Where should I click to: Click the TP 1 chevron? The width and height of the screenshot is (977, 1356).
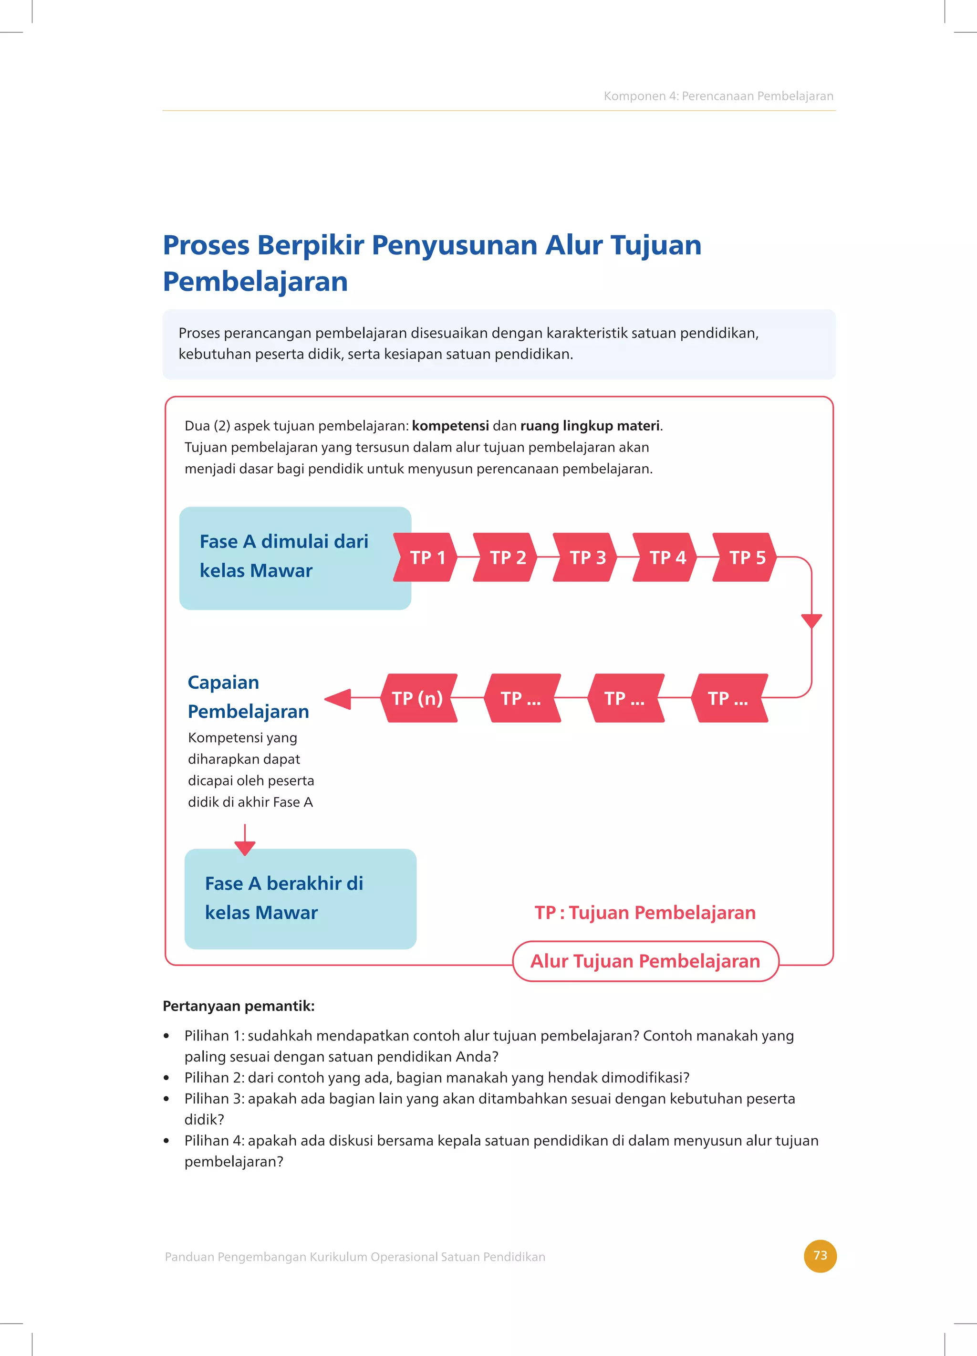(426, 557)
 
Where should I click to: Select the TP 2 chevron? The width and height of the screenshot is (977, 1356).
(506, 557)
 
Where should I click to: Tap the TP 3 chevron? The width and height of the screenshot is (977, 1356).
(586, 557)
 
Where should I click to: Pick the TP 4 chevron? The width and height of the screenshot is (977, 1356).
(665, 557)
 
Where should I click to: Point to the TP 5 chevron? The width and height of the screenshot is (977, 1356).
(746, 557)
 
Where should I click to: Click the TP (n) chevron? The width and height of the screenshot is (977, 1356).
(418, 698)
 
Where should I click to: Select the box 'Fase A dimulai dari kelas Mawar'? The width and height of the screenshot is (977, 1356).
(295, 558)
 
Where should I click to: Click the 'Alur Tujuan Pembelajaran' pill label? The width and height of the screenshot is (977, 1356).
(645, 961)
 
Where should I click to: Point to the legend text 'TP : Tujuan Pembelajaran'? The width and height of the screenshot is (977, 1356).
(645, 913)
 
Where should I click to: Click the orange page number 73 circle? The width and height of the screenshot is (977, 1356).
(820, 1256)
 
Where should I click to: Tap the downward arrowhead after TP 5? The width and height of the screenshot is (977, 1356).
(811, 620)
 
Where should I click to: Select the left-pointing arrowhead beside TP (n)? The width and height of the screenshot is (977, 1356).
(338, 698)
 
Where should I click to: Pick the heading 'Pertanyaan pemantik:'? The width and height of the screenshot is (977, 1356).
(239, 1006)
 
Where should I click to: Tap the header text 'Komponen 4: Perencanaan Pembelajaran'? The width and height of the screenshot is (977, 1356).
(718, 95)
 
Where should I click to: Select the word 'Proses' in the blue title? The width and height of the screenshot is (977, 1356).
(206, 245)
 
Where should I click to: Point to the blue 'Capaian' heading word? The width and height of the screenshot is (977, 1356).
(223, 682)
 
